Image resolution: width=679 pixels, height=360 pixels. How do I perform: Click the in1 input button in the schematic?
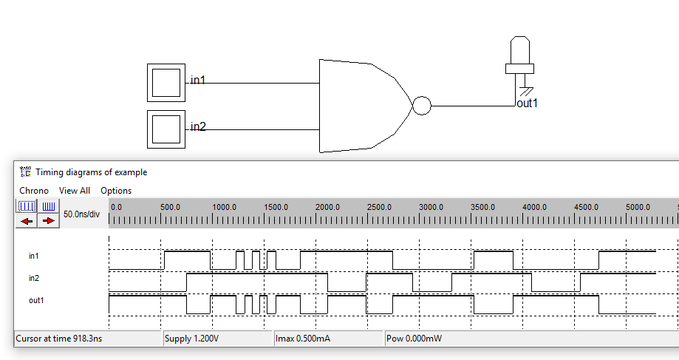point(166,82)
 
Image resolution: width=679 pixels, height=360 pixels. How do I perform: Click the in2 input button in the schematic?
point(166,129)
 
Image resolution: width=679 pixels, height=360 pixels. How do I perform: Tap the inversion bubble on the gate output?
point(421,106)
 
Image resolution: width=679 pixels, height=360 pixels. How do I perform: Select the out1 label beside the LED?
point(527,103)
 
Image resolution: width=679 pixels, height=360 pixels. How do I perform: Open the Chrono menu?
point(34,191)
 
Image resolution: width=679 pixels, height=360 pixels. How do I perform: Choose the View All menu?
point(75,191)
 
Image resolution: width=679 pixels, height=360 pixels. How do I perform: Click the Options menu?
point(116,191)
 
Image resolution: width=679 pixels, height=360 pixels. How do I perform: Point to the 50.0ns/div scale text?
point(81,214)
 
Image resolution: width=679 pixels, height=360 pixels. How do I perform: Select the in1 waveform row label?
point(34,256)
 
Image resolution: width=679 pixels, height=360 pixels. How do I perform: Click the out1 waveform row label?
point(36,300)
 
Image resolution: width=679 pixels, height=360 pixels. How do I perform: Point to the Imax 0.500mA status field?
point(304,339)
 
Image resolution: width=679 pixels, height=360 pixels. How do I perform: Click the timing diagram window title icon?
point(25,171)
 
